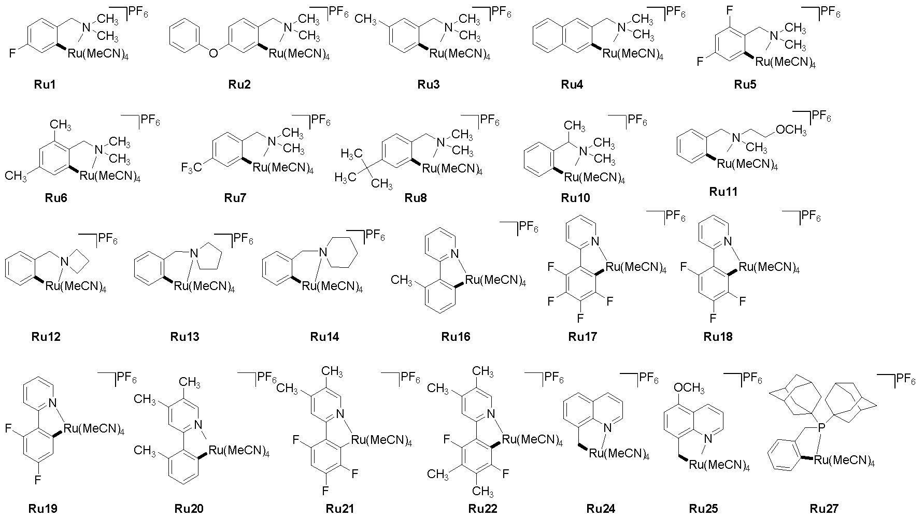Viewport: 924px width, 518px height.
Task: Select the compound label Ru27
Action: coord(823,509)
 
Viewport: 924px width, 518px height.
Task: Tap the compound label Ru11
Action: coord(723,192)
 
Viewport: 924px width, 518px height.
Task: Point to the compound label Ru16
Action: coord(456,337)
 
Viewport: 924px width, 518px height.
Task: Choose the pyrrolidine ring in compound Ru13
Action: coord(208,255)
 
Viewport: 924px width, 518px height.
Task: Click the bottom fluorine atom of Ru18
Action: coord(713,318)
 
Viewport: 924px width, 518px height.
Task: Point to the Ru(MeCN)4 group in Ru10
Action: coord(594,178)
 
